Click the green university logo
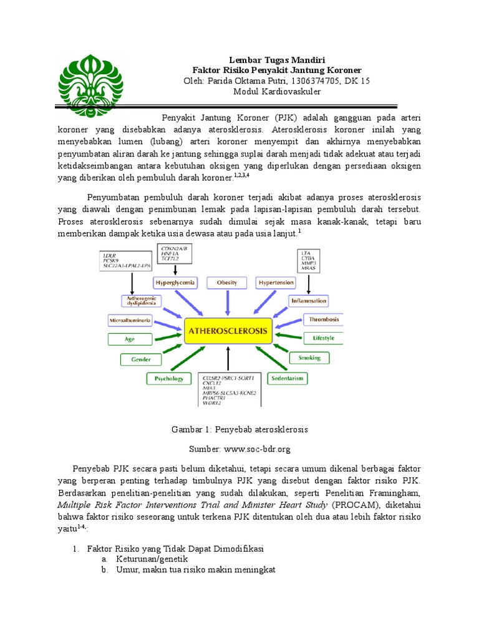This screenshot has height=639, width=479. coord(90,82)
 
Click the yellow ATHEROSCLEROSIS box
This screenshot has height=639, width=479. coord(228,331)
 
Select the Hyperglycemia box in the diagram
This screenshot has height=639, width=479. coord(175,283)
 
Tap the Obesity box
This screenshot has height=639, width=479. coord(227,283)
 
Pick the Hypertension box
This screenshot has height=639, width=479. coord(276,283)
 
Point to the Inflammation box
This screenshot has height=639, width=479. coord(308,301)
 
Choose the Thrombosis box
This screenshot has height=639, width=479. coord(323,319)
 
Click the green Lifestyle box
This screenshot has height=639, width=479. coord(323,338)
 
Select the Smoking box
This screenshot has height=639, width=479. coord(309,358)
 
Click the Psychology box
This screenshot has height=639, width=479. coord(168,378)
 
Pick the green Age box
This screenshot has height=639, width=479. coord(130,339)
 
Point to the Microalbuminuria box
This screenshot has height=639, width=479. coord(129,320)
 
